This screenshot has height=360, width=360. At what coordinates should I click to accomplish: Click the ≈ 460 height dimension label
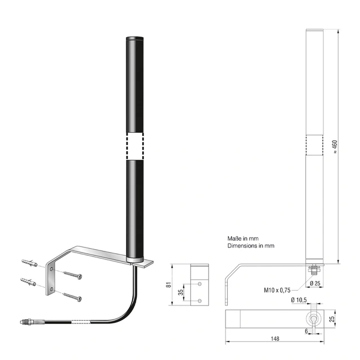click(335, 147)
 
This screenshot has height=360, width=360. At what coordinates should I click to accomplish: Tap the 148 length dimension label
click(275, 339)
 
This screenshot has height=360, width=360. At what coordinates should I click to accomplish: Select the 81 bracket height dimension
click(169, 285)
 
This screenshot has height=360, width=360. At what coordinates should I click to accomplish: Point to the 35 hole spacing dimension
click(181, 292)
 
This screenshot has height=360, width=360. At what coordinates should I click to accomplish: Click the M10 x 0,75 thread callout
click(277, 290)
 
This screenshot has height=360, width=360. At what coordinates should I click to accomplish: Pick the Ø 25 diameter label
click(315, 283)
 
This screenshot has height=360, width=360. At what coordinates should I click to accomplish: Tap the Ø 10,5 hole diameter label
click(299, 300)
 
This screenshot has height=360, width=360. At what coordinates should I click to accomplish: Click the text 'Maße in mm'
click(243, 238)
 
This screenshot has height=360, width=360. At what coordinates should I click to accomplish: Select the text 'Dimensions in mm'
click(251, 246)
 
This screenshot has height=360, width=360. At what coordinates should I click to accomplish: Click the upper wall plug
click(29, 263)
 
